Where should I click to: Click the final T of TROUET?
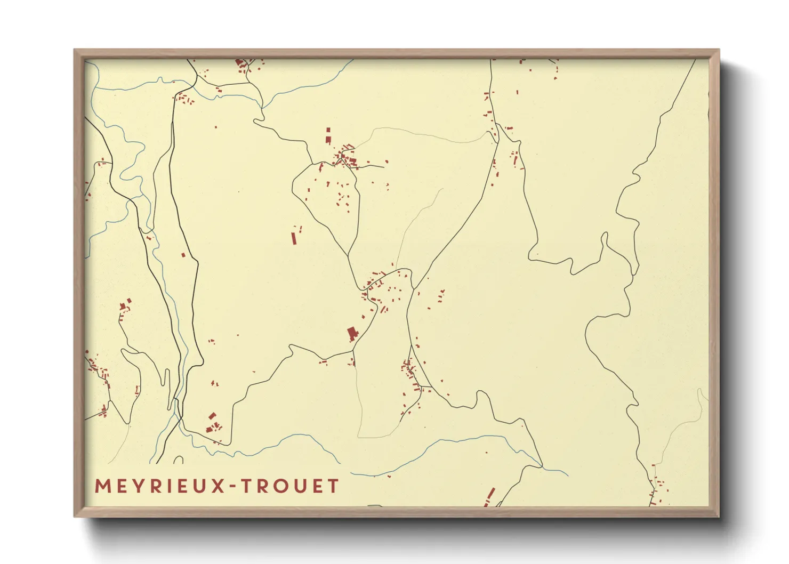tap(333, 486)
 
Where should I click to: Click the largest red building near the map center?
tap(352, 334)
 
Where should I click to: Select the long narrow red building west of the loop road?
tap(294, 238)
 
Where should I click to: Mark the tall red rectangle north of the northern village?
tap(328, 134)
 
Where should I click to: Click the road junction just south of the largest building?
tap(353, 351)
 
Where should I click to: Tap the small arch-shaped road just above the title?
tap(178, 460)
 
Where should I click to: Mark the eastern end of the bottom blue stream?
tap(567, 475)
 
